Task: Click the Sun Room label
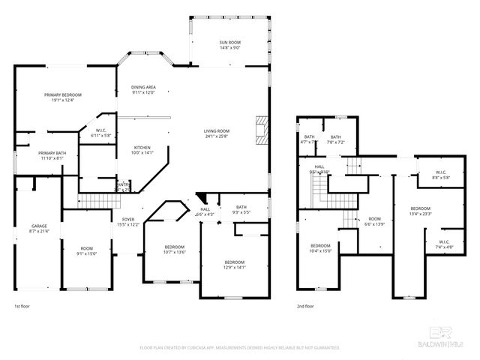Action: pos(229,44)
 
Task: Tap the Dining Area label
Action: pos(142,89)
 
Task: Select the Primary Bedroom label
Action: pos(62,97)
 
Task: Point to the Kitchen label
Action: pos(142,149)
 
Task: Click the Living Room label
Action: pos(217,133)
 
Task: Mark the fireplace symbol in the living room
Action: pos(260,129)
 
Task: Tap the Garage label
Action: pos(39,228)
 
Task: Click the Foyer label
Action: pos(127,222)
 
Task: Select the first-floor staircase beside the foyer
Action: pos(94,200)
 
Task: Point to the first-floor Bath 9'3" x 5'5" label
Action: pos(241,209)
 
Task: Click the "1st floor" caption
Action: pos(22,306)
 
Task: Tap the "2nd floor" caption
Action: pos(306,306)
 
